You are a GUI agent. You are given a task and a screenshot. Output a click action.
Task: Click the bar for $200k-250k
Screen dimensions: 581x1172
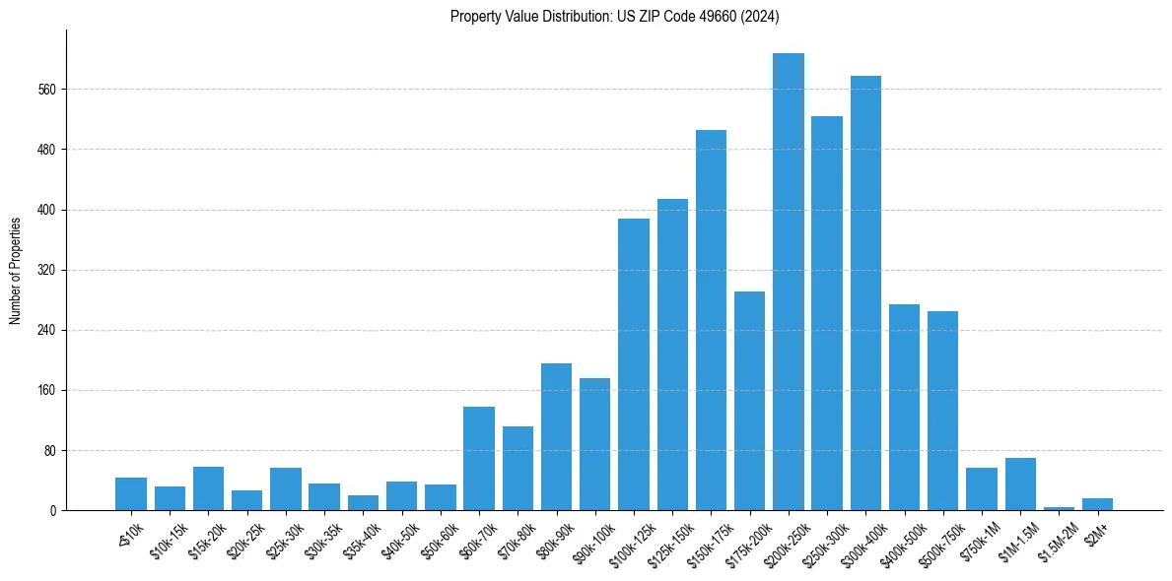[x=789, y=282]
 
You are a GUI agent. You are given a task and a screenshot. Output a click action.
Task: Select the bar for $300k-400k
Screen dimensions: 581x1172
[x=865, y=292]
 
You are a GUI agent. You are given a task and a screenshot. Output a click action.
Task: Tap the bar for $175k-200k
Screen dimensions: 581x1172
[x=749, y=401]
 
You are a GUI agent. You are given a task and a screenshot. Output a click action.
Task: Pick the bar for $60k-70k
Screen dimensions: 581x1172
[x=479, y=458]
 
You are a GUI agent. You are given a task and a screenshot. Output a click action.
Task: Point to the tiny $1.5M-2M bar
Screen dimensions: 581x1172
[x=1059, y=508]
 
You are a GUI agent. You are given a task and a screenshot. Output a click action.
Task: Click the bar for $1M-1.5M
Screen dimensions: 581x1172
[x=1020, y=484]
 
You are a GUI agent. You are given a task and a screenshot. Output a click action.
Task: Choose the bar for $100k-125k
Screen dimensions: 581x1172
[x=634, y=364]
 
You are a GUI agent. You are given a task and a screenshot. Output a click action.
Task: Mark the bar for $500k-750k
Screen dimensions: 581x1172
[x=942, y=411]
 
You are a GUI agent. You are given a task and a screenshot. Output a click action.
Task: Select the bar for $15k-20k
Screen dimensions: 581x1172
[x=208, y=488]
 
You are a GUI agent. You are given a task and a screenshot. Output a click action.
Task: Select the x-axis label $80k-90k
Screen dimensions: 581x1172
[x=554, y=537]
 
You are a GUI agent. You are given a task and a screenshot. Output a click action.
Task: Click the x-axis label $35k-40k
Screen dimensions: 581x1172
[x=361, y=537]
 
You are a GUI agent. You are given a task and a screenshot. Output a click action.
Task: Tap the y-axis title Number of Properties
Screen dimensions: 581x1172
[x=16, y=270]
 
